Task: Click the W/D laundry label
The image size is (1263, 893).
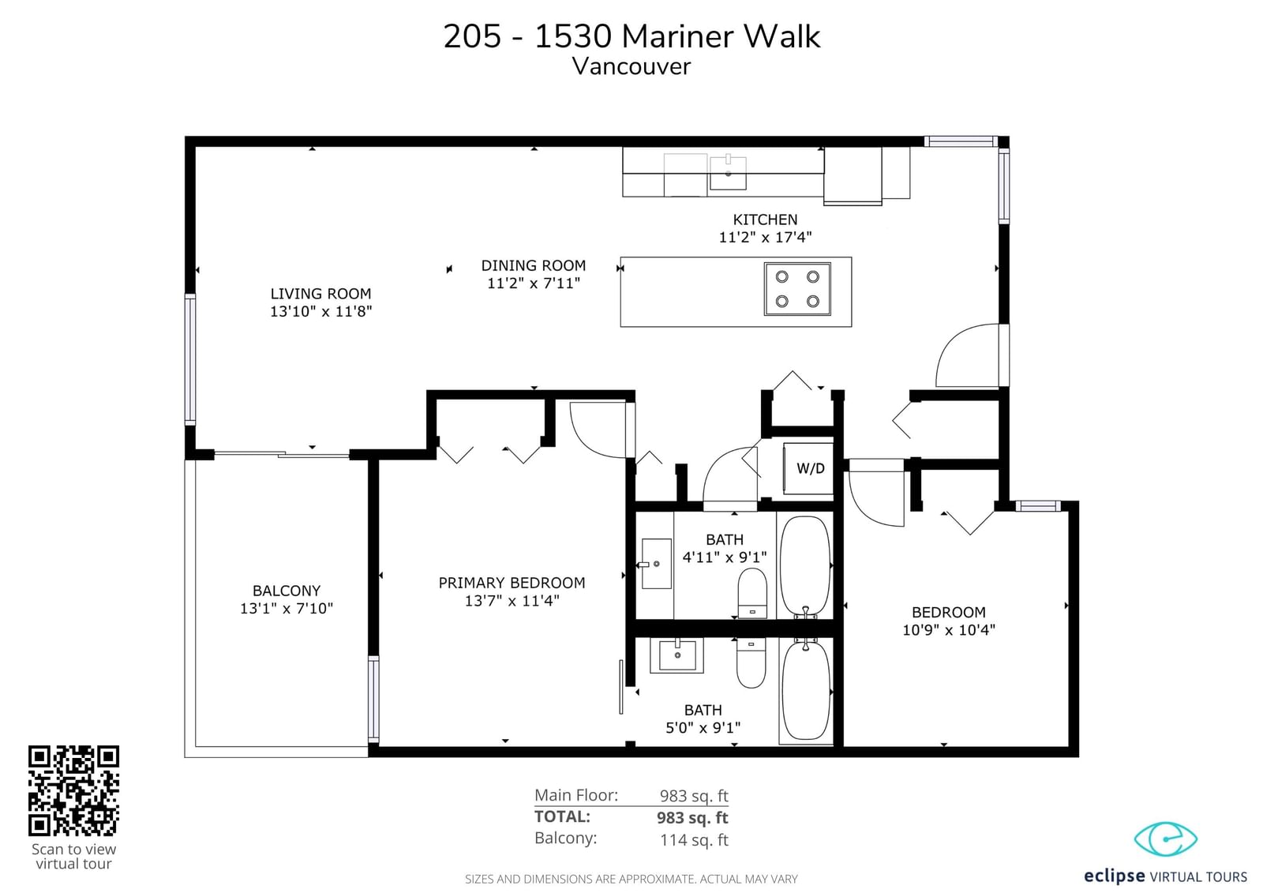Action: point(810,468)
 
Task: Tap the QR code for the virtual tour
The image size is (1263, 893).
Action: point(74,790)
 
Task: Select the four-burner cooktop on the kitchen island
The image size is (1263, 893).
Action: point(797,289)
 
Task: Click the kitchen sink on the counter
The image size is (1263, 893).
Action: point(728,172)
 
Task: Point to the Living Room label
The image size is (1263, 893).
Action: point(320,294)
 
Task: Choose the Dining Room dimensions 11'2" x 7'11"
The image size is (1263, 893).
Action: point(534,283)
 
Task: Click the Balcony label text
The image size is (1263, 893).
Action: point(287,591)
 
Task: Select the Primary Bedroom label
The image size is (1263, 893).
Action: point(512,583)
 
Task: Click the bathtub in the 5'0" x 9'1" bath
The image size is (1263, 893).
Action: point(806,691)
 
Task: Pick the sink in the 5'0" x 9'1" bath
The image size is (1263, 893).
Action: point(677,655)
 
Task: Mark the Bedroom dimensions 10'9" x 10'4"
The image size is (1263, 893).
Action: point(949,630)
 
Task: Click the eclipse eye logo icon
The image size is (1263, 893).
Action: point(1165,839)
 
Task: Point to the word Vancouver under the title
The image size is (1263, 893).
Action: point(631,66)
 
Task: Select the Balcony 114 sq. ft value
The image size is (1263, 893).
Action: point(694,840)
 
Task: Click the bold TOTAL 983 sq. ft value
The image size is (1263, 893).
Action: point(692,817)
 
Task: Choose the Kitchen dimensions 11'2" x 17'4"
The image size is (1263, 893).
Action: point(765,237)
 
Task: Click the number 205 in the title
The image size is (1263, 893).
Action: point(472,36)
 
